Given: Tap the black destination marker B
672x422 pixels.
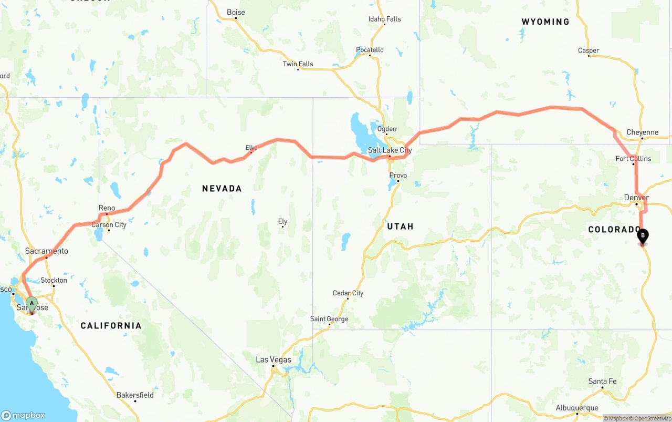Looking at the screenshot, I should tap(643, 236).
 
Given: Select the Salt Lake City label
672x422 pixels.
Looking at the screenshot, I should tap(390, 150).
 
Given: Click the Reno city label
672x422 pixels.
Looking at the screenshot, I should tap(107, 209).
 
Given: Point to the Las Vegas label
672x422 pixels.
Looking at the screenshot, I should tap(273, 360).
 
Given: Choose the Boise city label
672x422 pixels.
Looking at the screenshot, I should tap(236, 12).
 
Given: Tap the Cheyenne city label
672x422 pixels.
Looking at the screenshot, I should tap(642, 132).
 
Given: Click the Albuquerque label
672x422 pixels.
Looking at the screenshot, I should tap(577, 408).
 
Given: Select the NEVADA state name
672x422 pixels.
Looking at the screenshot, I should tap(222, 189).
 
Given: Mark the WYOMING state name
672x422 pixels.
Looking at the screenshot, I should tap(545, 22).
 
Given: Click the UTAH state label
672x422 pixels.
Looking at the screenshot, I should tap(400, 227).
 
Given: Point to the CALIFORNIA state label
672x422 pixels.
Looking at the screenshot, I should tap(111, 326).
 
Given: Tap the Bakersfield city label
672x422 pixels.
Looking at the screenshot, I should tap(135, 395).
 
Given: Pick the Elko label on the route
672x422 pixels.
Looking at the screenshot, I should tap(251, 148).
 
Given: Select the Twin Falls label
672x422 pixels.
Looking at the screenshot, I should tap(298, 64).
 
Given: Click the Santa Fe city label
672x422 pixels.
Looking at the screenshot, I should tap(602, 382).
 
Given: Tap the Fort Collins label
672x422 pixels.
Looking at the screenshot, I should tap(633, 159).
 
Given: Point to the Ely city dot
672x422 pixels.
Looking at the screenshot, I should tap(282, 227).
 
